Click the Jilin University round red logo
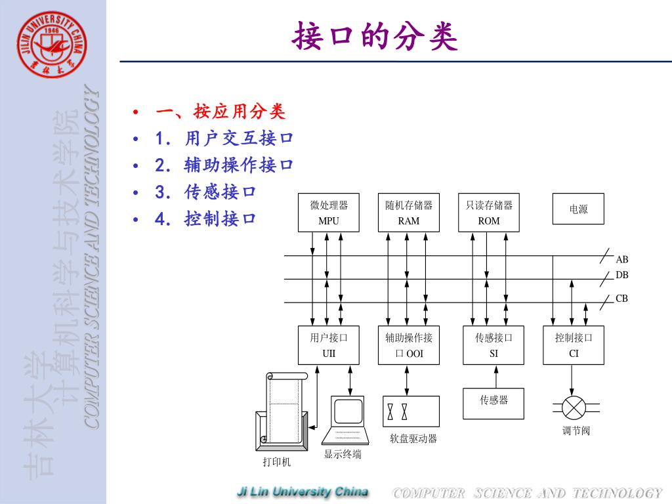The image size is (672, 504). [x=52, y=45]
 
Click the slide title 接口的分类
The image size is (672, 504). [x=374, y=36]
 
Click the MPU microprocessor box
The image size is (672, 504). [x=329, y=213]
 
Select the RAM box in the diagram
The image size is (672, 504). [x=408, y=213]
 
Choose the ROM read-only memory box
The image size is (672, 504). [x=488, y=213]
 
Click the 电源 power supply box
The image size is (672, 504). [x=578, y=209]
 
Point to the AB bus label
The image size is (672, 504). [x=621, y=259]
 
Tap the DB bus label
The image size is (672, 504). [x=621, y=275]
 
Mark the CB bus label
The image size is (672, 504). [x=621, y=299]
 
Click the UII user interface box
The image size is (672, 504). [x=329, y=345]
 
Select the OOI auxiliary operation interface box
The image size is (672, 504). [x=408, y=345]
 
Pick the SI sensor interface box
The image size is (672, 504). [x=493, y=345]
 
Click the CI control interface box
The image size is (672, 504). [x=574, y=345]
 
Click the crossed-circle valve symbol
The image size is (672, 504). [x=574, y=408]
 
